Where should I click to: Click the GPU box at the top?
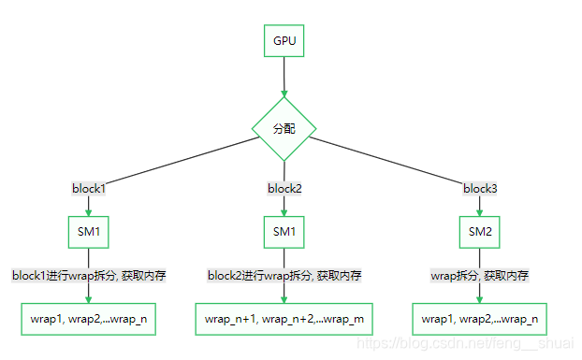pos(284,41)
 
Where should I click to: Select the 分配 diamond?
pos(284,128)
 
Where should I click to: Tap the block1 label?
pos(89,189)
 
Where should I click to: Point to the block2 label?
pos(284,189)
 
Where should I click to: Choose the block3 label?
pos(480,189)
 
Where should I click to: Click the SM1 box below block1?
pos(89,231)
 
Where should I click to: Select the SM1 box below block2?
pos(284,231)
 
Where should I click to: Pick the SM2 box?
pos(480,231)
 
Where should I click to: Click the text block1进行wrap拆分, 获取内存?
pos(89,276)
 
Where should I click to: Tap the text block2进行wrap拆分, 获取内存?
pos(284,276)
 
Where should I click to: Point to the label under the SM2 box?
pos(480,276)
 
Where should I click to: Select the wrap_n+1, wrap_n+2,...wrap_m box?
pos(284,319)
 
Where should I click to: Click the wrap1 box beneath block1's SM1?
pos(89,319)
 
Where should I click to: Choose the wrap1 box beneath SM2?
pos(480,319)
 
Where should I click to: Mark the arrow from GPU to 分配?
pos(284,77)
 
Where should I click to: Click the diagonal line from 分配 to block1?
pos(178,160)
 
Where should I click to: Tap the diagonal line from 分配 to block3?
pos(393,161)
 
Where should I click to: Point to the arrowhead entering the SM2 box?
pos(480,212)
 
